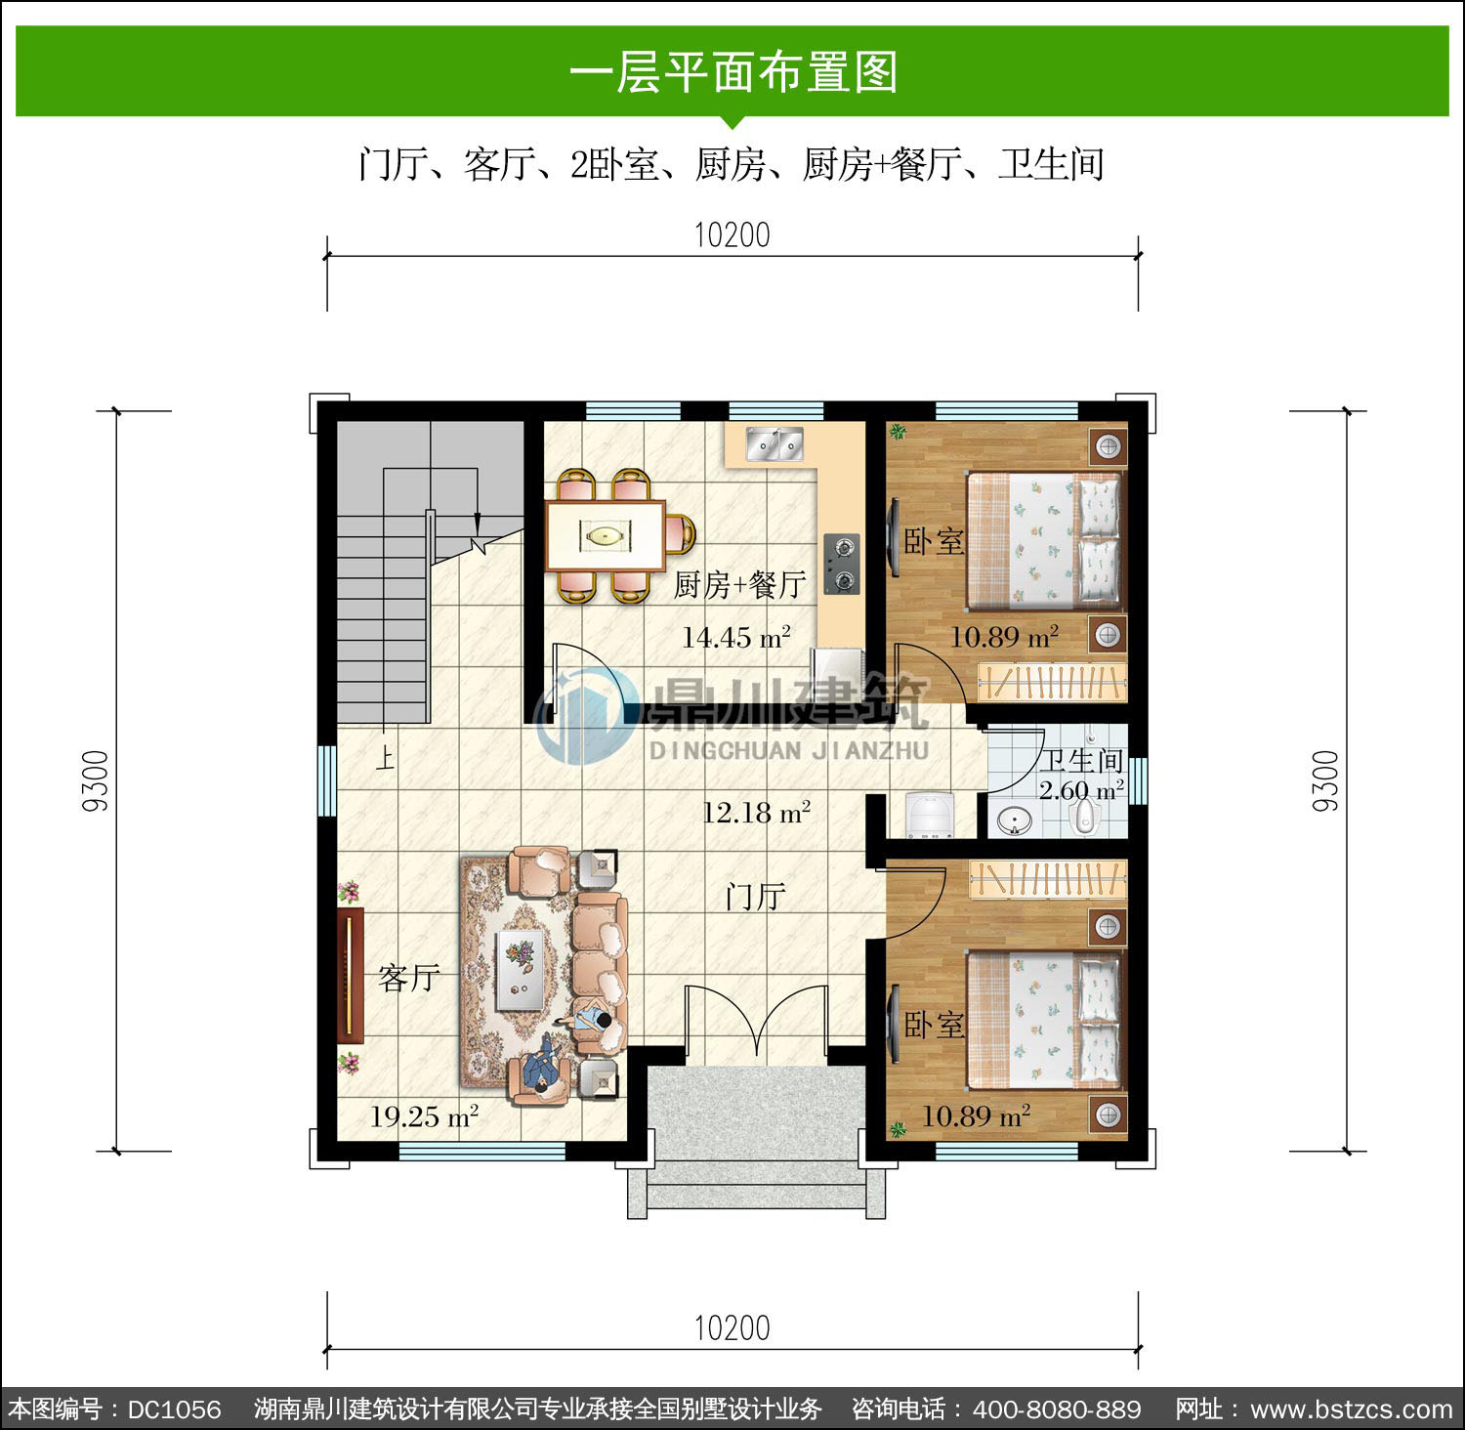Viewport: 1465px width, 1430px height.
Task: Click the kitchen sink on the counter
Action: click(x=774, y=443)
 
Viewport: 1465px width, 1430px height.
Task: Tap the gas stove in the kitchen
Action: click(x=841, y=565)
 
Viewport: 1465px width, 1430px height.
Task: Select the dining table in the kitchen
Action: click(x=606, y=535)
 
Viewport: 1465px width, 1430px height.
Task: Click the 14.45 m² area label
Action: click(x=736, y=638)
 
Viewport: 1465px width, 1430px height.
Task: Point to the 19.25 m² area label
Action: click(x=424, y=1115)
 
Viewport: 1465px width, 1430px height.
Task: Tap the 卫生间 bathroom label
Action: click(x=1080, y=761)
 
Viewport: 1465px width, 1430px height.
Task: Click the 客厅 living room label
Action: click(x=409, y=977)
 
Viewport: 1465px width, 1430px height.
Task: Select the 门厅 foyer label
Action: click(x=755, y=896)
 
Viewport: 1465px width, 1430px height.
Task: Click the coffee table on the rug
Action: click(x=521, y=970)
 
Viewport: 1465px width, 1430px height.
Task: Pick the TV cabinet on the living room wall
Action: click(x=350, y=976)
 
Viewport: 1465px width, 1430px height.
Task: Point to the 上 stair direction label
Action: click(x=386, y=758)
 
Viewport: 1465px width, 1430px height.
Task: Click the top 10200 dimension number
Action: click(x=732, y=235)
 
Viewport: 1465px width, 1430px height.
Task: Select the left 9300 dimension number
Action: click(x=96, y=781)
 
